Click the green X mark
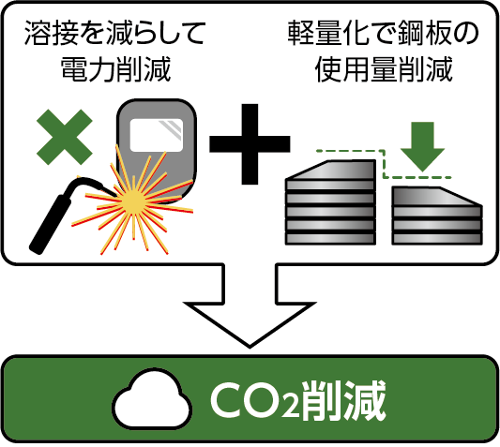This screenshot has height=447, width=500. click(65, 137)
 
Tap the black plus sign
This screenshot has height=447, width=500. click(250, 144)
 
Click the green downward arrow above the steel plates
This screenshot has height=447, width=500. click(422, 147)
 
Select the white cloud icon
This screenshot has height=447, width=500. click(152, 399)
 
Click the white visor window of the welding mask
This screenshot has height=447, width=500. click(157, 135)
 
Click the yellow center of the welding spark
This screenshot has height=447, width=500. click(134, 201)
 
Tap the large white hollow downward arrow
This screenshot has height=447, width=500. click(250, 305)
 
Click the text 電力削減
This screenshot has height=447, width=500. click(115, 69)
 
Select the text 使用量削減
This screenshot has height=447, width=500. click(384, 69)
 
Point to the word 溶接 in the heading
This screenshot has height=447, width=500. click(52, 33)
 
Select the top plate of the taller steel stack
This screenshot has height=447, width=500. click(330, 171)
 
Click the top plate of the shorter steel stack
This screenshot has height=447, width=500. click(437, 197)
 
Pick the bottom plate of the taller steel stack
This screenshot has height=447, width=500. click(330, 239)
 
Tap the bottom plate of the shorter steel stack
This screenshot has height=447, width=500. click(437, 239)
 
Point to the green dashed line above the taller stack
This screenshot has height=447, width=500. click(351, 150)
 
